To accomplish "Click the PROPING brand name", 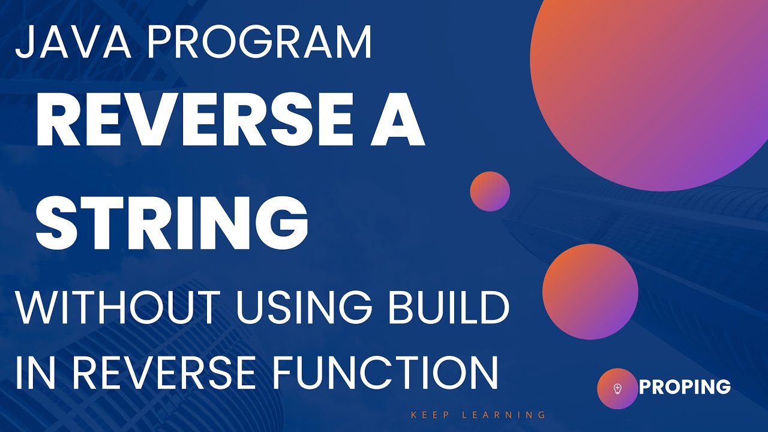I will (685, 388).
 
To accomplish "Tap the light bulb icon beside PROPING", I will (617, 389).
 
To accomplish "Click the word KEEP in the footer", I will (430, 415).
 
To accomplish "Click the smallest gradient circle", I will (490, 191).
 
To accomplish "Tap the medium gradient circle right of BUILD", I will (590, 291).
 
